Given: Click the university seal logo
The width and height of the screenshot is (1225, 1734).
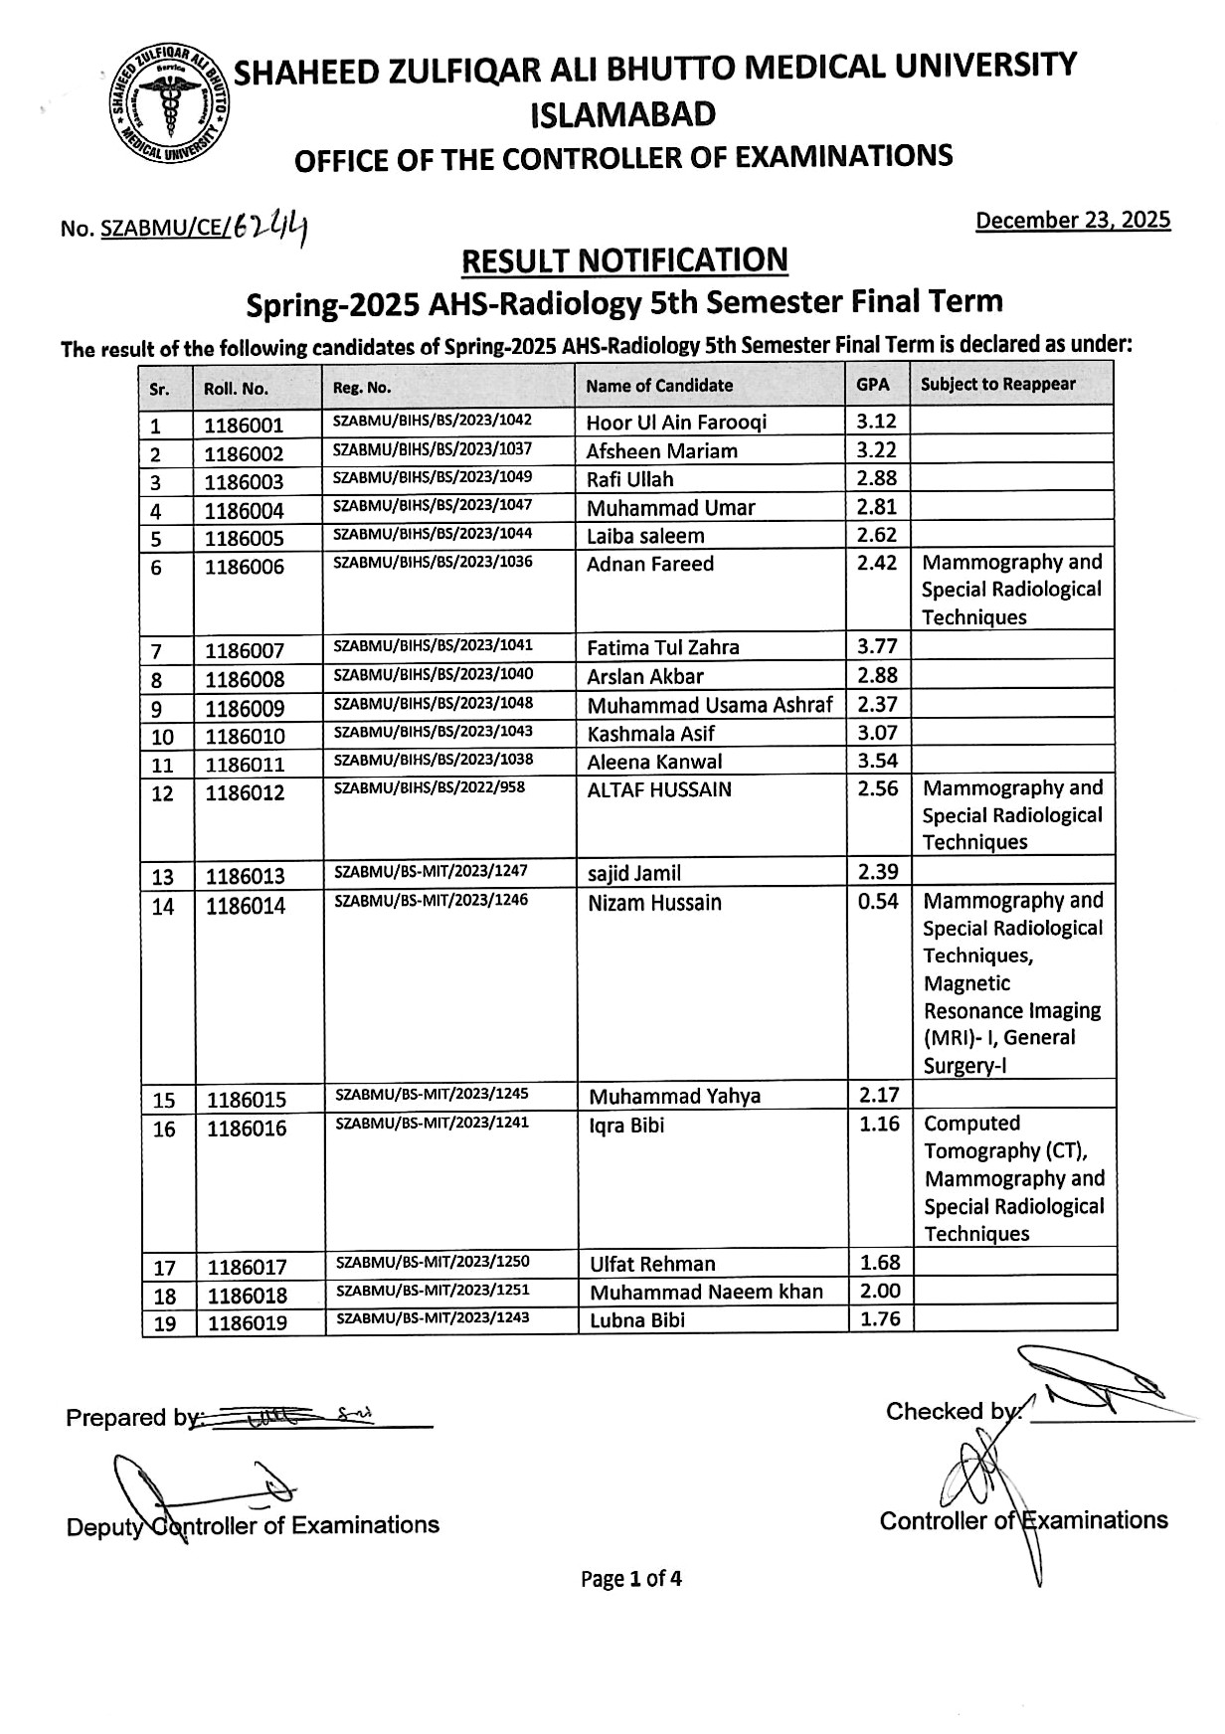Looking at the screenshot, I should [168, 103].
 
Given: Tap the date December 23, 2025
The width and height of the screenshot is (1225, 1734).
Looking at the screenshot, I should [1072, 220].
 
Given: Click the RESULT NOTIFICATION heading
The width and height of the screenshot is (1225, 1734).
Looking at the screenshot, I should [624, 260].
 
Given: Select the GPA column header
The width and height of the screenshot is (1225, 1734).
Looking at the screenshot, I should [867, 384].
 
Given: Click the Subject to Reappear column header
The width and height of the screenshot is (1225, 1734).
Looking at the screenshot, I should [997, 384].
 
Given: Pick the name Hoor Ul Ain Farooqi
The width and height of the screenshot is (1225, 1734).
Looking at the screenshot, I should [676, 423].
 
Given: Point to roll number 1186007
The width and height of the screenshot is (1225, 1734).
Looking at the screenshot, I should [245, 651].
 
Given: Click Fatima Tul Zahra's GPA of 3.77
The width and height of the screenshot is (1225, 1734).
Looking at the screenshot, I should [877, 647].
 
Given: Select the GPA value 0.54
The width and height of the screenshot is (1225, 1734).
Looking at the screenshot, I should [877, 902].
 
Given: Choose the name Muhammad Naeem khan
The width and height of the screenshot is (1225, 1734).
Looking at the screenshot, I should [706, 1293].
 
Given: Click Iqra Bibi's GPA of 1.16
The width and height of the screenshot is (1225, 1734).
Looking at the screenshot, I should [879, 1125].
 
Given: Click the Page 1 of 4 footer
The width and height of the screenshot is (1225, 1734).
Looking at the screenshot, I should [631, 1579].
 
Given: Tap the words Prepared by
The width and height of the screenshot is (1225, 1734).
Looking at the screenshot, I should [127, 1418].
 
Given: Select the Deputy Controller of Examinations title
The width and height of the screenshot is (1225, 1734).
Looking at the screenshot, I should [253, 1525].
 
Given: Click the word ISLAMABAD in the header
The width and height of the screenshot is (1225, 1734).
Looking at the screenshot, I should [623, 115].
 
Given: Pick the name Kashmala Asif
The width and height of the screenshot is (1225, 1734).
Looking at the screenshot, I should [650, 734].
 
